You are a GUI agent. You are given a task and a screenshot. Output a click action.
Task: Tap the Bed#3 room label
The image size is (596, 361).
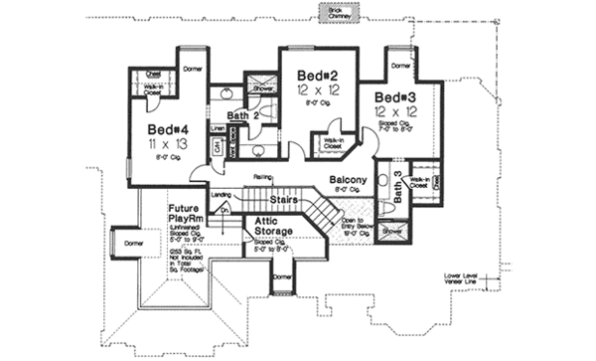(394, 97)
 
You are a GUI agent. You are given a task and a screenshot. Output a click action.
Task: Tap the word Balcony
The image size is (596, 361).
(348, 180)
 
